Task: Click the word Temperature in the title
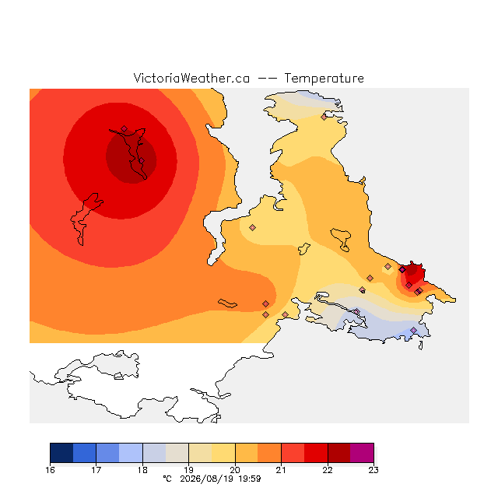(x=324, y=78)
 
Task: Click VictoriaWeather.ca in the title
(x=191, y=78)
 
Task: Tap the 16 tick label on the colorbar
(x=50, y=470)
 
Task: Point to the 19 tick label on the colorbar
(x=188, y=470)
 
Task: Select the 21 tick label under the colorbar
(x=281, y=470)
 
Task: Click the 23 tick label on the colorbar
(x=373, y=470)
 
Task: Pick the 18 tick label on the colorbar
(x=142, y=470)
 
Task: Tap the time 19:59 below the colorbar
(x=250, y=479)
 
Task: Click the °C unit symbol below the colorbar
(x=167, y=479)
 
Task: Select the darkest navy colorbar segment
(x=61, y=453)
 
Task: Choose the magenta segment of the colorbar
(x=362, y=453)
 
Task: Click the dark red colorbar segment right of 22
(x=339, y=453)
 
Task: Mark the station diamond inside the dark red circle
(x=142, y=161)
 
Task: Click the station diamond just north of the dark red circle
(x=124, y=128)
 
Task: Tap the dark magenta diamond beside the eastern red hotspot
(x=402, y=270)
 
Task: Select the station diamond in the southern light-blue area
(x=413, y=330)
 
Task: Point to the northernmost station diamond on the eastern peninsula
(x=324, y=117)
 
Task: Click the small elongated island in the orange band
(x=227, y=303)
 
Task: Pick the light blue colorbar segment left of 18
(x=131, y=453)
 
